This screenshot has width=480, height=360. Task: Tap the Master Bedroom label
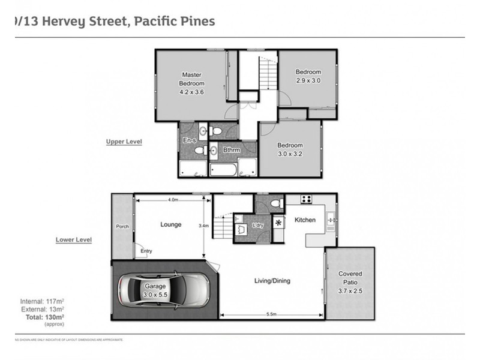tap(193, 79)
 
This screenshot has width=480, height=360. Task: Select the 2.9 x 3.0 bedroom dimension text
tap(308, 80)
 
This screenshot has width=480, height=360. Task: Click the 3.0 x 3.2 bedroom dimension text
tap(290, 153)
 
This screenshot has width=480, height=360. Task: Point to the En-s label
tap(189, 140)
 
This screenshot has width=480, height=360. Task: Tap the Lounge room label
tap(170, 225)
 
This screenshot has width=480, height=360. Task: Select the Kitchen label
tap(305, 220)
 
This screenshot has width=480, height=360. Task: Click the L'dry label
tap(259, 225)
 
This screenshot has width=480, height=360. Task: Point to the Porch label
tap(122, 226)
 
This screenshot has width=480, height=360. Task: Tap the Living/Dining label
tap(272, 280)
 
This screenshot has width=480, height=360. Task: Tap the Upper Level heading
tap(124, 142)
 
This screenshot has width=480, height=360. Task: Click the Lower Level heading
tap(74, 239)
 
